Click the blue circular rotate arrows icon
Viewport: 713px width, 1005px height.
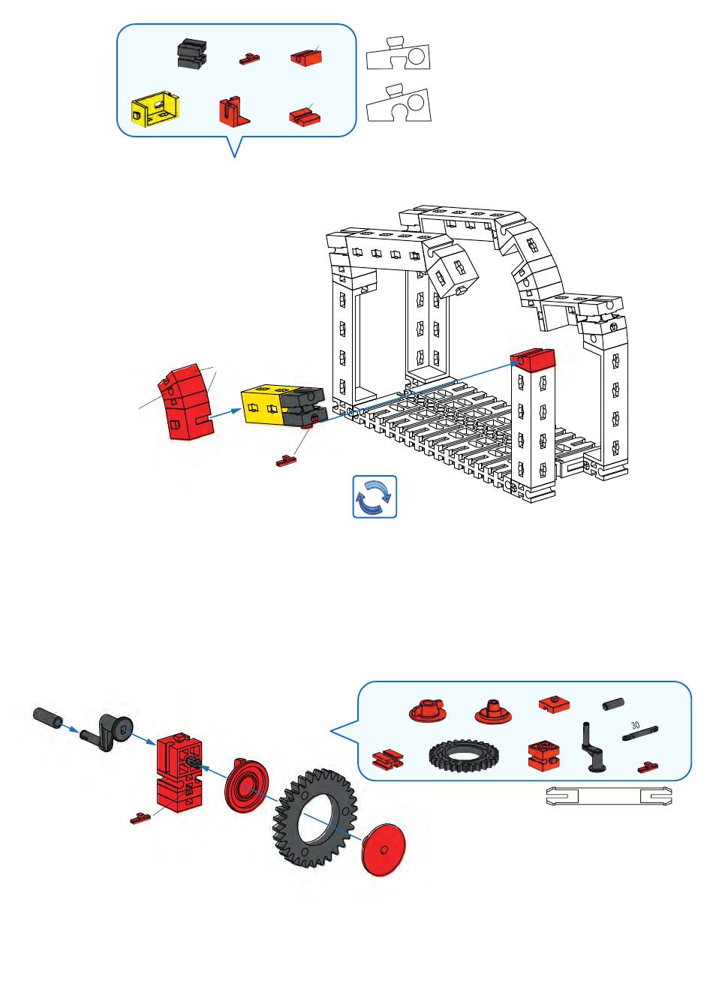click(375, 496)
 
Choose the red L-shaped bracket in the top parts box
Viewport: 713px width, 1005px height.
click(233, 111)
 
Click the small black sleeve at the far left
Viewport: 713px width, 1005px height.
click(47, 717)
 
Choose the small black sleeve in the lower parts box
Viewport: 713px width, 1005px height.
click(613, 704)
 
